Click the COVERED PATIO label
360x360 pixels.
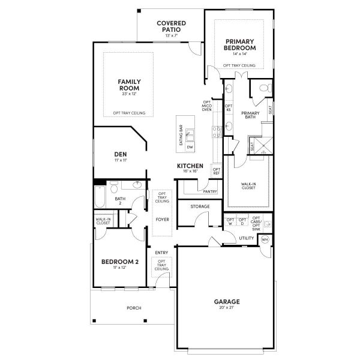point(171,26)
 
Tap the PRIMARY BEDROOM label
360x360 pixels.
point(239,44)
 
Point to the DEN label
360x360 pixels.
point(120,154)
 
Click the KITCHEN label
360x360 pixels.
point(190,166)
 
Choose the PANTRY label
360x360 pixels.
point(209,191)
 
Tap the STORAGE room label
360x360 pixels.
point(200,206)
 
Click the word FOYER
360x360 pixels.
point(162,220)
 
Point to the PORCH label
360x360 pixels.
point(133,308)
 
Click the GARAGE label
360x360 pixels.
point(227,301)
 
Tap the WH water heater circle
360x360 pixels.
point(265,239)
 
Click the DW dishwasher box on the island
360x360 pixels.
point(190,147)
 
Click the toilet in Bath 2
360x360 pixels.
point(137,185)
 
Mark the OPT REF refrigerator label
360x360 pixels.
point(216,172)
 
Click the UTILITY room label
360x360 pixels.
point(246,238)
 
